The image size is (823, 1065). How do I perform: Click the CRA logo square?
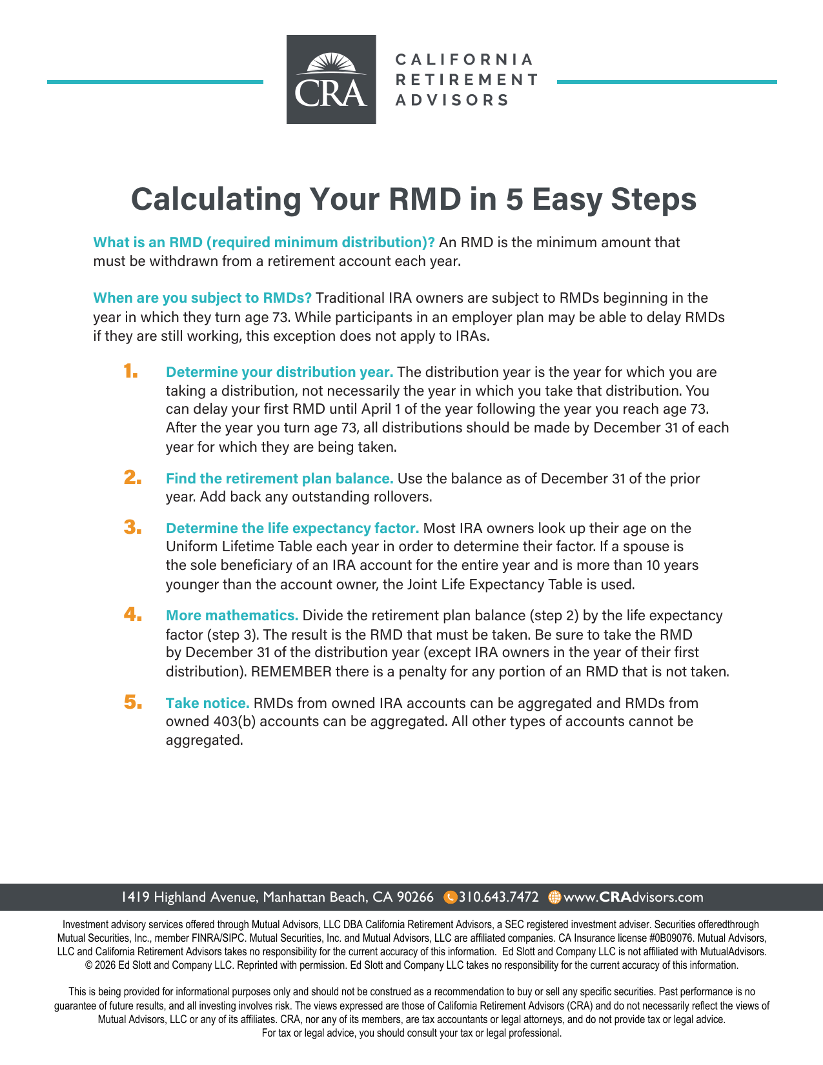[x=331, y=79]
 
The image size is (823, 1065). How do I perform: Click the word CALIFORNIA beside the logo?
[x=464, y=59]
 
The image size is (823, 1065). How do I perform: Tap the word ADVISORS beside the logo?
[x=452, y=100]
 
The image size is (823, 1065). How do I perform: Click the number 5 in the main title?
[x=514, y=199]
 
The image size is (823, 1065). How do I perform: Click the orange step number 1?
[x=131, y=371]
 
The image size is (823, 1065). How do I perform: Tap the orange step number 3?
[x=132, y=527]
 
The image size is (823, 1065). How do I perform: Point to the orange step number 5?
[x=133, y=702]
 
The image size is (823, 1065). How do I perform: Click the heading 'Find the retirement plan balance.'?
[x=279, y=478]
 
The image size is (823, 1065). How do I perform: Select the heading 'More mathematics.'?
[x=232, y=615]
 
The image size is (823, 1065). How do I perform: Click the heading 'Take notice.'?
[x=207, y=703]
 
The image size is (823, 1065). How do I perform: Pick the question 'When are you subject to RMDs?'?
[x=203, y=298]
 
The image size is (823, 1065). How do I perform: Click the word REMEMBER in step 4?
[x=291, y=671]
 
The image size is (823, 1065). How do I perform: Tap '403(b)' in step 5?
[x=234, y=721]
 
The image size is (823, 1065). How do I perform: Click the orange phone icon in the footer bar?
[x=451, y=897]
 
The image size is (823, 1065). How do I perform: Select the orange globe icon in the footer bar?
[x=554, y=897]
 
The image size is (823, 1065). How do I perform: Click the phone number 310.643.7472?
[x=498, y=897]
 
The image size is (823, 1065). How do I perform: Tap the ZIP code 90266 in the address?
[x=415, y=897]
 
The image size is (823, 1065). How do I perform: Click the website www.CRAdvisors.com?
[x=633, y=897]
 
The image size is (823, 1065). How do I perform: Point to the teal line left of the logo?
[x=155, y=82]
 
